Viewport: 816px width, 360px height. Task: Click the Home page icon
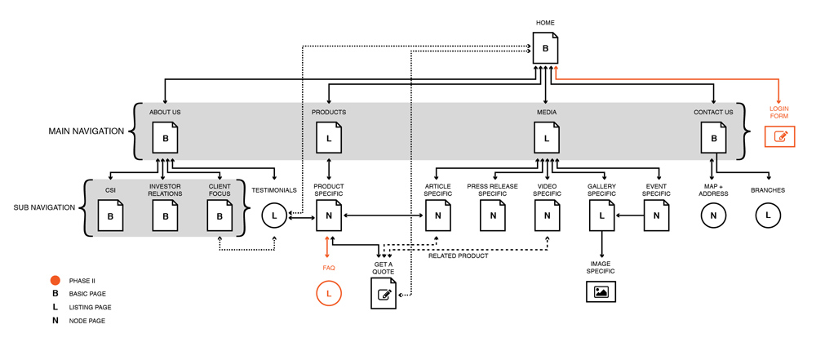(546, 48)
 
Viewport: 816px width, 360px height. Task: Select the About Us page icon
(166, 138)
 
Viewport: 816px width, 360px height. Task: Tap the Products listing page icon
(329, 138)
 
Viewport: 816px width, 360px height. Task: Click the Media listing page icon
(547, 138)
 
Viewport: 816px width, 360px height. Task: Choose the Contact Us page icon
(714, 138)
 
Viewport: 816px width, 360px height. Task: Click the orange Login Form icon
(779, 136)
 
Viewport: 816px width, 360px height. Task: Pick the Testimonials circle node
(274, 216)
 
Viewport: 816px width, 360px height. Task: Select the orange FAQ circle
(329, 293)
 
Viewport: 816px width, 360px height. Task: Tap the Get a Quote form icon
(384, 293)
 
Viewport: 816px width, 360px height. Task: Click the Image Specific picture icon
(601, 291)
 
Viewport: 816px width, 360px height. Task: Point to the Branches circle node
(768, 216)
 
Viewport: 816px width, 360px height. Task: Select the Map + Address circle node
(713, 216)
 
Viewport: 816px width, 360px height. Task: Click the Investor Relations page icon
(166, 216)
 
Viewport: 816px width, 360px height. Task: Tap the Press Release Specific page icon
(493, 216)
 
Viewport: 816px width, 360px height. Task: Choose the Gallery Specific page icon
(601, 216)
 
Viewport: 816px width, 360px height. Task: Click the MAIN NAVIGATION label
(86, 131)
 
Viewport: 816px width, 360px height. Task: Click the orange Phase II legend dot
(55, 280)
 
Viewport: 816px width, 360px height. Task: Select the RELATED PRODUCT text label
(459, 256)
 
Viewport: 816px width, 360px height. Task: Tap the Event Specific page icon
(656, 216)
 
